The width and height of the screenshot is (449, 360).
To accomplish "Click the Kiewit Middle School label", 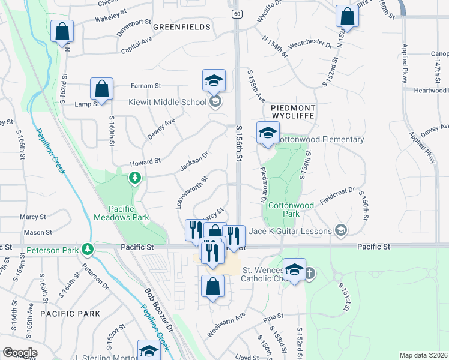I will [167, 102].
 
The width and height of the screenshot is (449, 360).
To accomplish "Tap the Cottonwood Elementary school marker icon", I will [268, 133].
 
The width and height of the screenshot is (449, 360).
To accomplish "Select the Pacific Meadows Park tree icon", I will [136, 178].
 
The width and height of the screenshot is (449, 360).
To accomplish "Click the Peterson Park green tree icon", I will [88, 248].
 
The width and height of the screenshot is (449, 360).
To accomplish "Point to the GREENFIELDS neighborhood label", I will [182, 27].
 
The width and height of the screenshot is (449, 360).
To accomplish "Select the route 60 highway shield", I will [237, 13].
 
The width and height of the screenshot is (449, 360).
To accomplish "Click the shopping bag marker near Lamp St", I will [102, 89].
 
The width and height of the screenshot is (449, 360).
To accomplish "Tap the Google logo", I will [19, 353].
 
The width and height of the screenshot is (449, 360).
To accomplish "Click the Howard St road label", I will [146, 162].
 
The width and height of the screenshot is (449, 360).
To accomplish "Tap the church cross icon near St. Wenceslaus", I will [310, 273].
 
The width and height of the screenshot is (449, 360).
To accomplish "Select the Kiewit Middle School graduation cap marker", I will [214, 81].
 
